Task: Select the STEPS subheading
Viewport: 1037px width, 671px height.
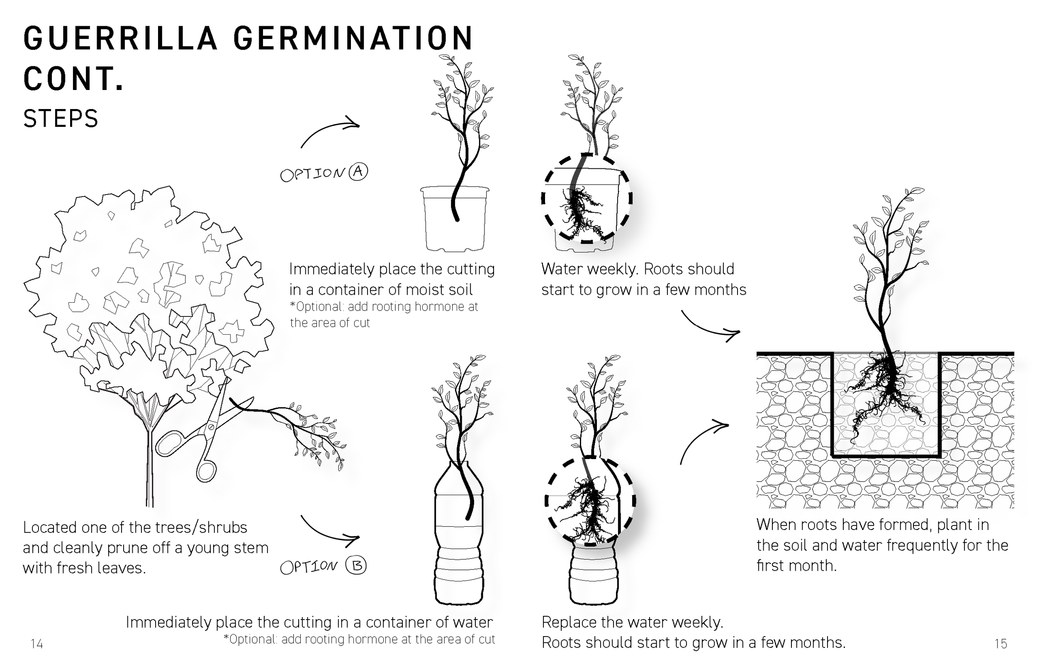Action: (61, 119)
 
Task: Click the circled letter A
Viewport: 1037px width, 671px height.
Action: (358, 172)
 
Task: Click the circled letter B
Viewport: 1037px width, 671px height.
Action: (356, 566)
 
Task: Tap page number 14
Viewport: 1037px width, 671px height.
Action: (37, 644)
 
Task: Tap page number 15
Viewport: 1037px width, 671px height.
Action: (1001, 644)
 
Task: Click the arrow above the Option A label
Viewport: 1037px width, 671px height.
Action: (330, 131)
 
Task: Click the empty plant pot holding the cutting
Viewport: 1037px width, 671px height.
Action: (455, 222)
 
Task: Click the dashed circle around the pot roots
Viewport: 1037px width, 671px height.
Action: (587, 198)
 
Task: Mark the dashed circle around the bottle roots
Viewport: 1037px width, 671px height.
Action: (590, 501)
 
